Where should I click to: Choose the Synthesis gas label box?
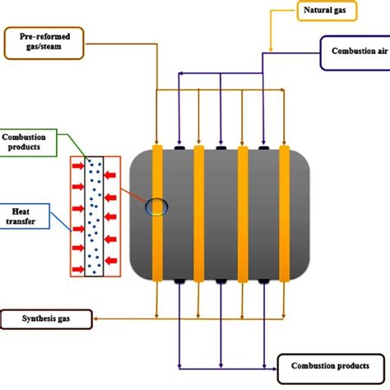tap(46, 318)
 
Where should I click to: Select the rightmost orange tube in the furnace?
tap(285, 215)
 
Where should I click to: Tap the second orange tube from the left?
tap(199, 215)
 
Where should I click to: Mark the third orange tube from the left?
tap(242, 215)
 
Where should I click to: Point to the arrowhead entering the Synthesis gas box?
tap(95, 318)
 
